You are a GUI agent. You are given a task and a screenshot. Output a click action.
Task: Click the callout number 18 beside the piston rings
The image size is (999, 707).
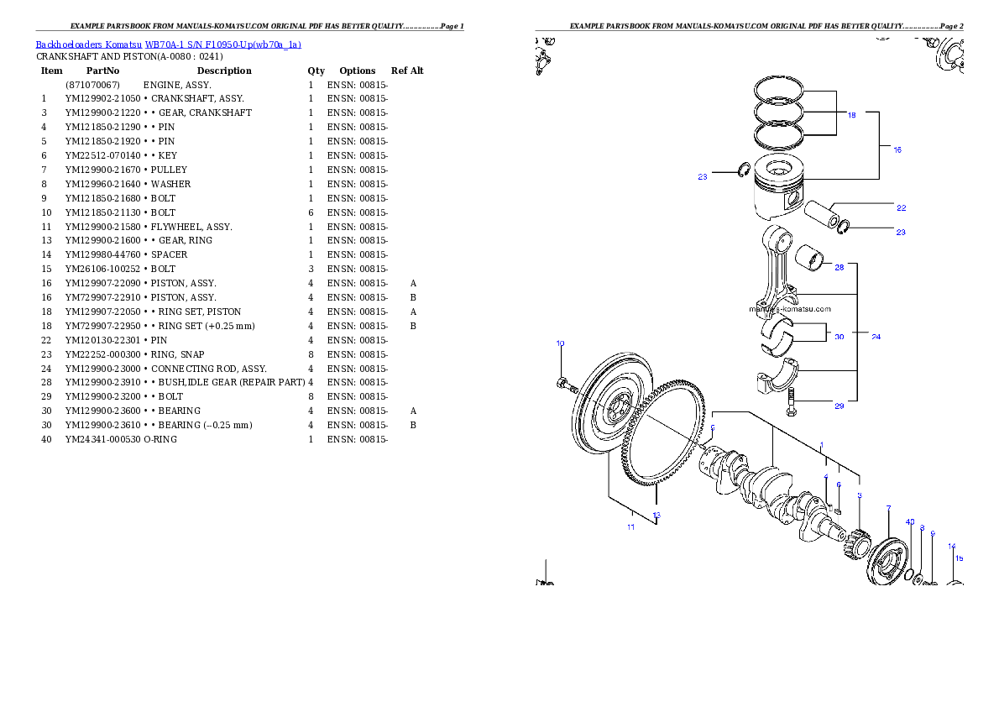click(851, 115)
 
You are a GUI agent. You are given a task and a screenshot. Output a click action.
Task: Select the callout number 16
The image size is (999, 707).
click(897, 149)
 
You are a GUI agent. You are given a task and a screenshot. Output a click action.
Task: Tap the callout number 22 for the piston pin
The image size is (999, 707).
click(901, 207)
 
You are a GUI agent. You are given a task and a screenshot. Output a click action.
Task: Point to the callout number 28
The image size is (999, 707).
click(839, 267)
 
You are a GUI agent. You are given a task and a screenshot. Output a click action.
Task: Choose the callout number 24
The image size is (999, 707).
click(876, 336)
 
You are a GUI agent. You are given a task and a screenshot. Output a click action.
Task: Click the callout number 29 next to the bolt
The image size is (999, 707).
click(839, 406)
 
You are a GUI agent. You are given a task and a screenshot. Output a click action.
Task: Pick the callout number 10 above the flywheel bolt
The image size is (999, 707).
click(560, 343)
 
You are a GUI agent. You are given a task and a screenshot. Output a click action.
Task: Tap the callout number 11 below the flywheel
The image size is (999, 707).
click(630, 527)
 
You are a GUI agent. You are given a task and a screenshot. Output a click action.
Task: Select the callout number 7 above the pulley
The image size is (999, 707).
click(888, 509)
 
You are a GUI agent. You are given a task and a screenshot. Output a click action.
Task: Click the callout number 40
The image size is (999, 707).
click(910, 521)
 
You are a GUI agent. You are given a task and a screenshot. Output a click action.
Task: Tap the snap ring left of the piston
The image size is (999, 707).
click(743, 171)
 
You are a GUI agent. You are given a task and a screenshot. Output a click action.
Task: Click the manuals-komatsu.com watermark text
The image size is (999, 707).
click(789, 308)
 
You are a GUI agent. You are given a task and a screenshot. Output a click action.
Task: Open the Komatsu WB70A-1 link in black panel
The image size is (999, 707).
click(168, 45)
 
